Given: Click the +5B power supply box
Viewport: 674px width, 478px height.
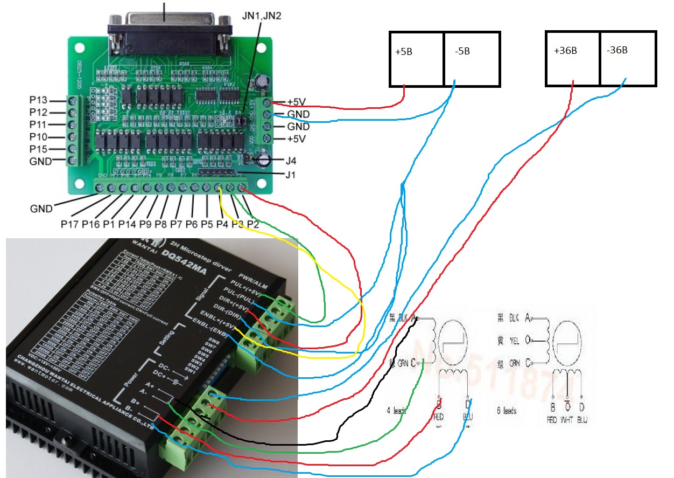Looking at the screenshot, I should [x=417, y=59].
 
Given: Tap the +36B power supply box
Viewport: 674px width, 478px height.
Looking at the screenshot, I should [x=573, y=58].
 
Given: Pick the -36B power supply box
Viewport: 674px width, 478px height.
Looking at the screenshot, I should [x=628, y=58].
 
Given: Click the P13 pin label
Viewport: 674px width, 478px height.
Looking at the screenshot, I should [x=39, y=100].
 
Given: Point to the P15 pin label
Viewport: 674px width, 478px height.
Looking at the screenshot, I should [x=39, y=149].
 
